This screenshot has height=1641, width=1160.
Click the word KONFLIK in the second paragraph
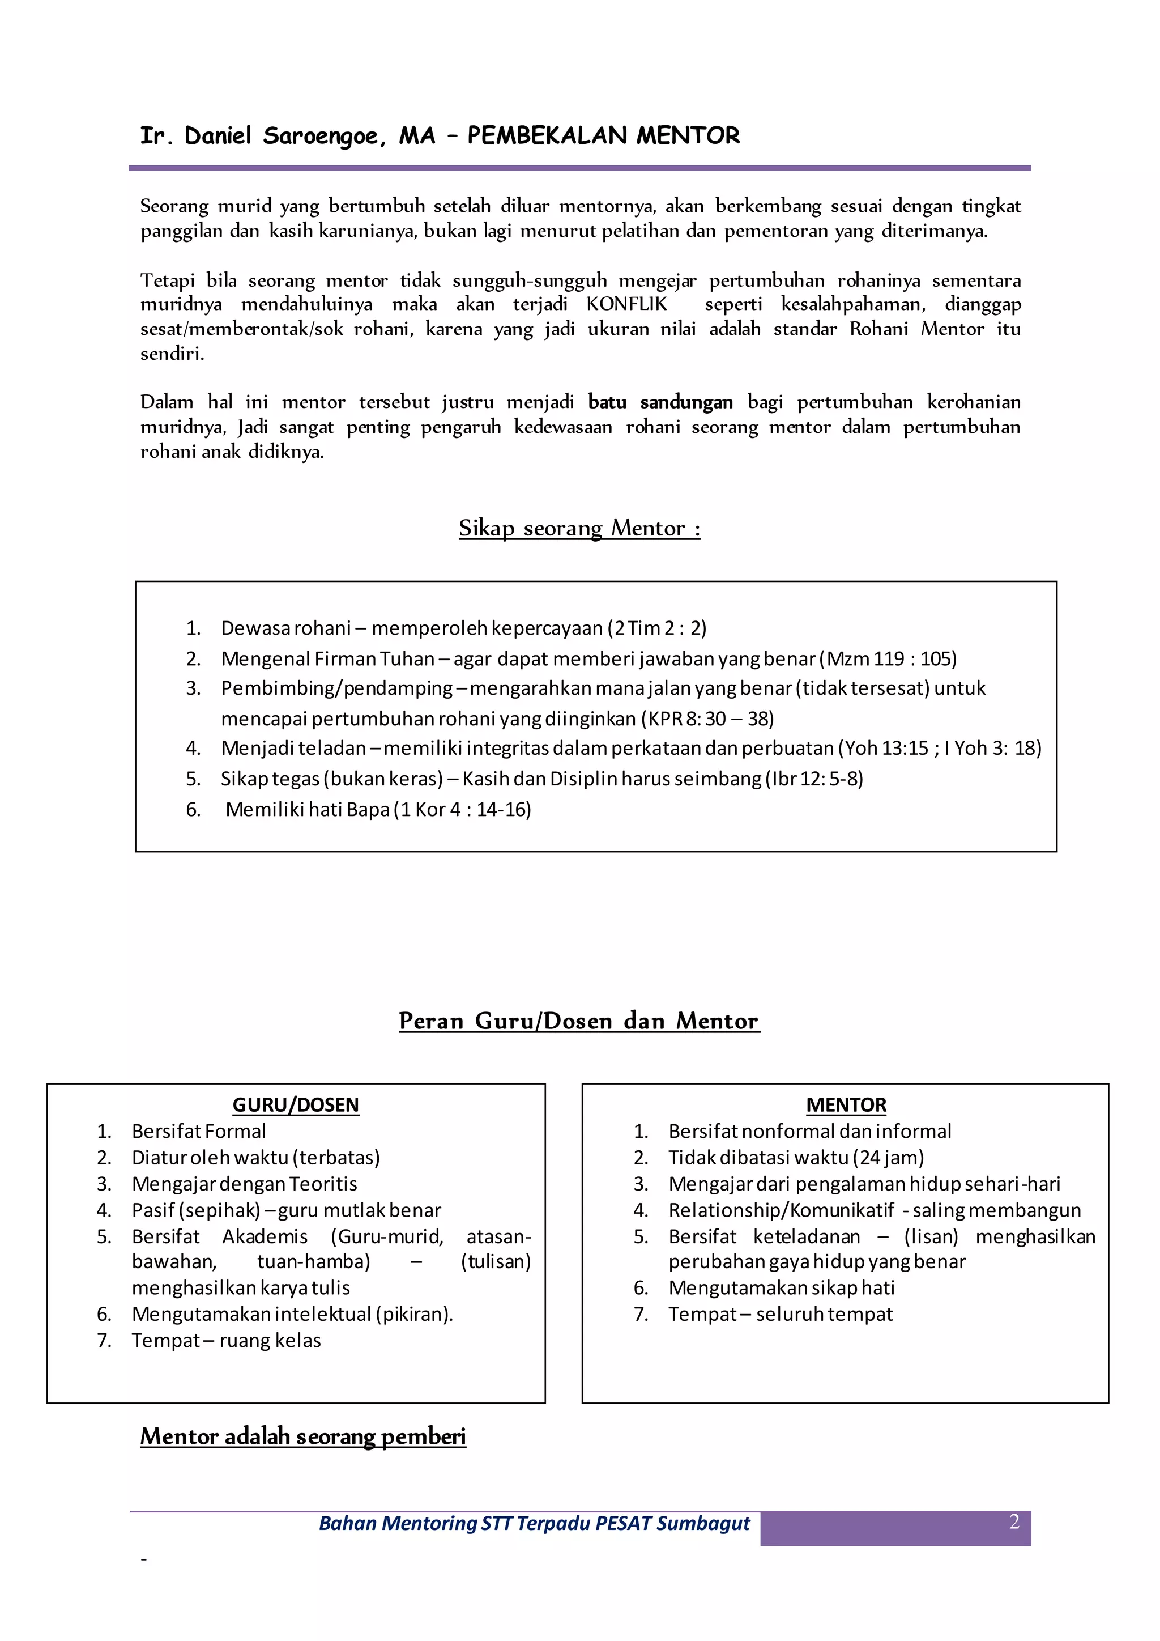tap(626, 304)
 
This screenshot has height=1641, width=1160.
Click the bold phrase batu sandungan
tap(660, 402)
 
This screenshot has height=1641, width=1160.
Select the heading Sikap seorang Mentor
tap(579, 528)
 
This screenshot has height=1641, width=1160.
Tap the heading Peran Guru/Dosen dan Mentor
tap(579, 1021)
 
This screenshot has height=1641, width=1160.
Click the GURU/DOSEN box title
tap(296, 1105)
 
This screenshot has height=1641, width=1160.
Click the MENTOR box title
tap(846, 1105)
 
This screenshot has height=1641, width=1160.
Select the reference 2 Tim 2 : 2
tap(656, 628)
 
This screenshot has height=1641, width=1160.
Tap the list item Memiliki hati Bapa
tap(307, 809)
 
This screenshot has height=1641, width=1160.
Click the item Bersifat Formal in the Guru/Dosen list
tap(199, 1132)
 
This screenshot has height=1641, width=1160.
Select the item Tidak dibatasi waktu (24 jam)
tap(796, 1157)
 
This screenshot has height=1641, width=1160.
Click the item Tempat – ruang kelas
tap(226, 1340)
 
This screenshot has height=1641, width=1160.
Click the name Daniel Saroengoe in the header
tap(284, 136)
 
